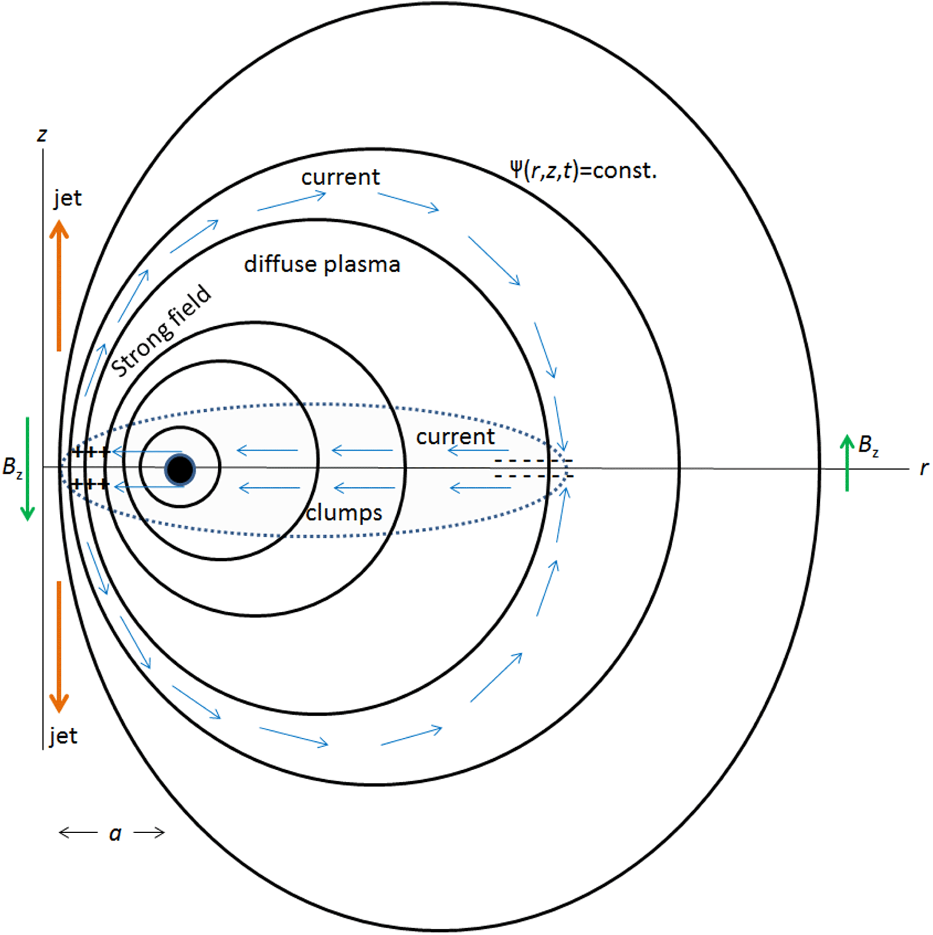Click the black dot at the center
[x=180, y=469]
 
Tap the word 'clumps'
[x=344, y=513]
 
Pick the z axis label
[x=42, y=134]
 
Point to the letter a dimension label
[x=115, y=833]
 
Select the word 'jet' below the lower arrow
[x=63, y=736]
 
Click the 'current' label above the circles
[x=340, y=177]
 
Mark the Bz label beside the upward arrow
[x=868, y=445]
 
